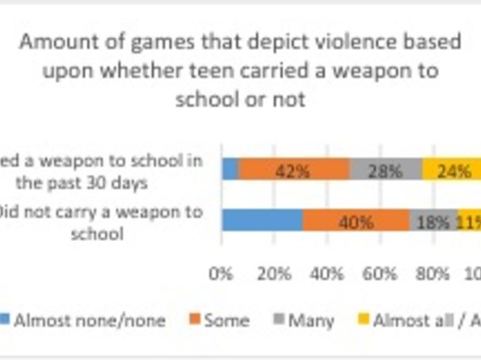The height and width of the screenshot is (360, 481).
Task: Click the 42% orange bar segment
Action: point(295,169)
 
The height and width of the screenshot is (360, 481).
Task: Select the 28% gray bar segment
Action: point(386,169)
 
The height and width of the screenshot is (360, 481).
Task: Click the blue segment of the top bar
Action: point(230,169)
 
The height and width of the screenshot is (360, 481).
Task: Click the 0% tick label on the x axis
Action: point(221,274)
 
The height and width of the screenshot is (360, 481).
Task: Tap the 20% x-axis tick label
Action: point(274,274)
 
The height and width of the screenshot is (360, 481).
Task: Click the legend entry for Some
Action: point(226,320)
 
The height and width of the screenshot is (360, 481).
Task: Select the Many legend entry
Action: point(311,320)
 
